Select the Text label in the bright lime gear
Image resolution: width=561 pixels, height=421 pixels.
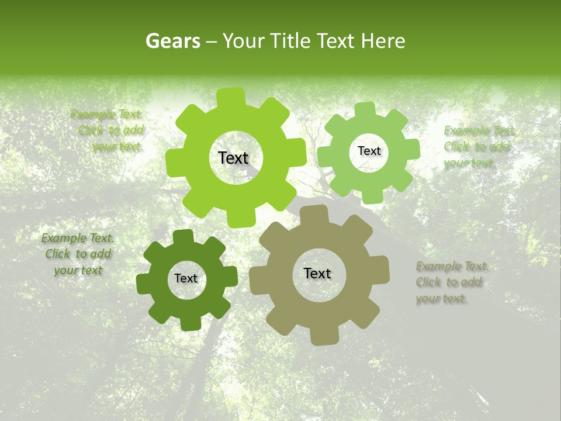[233, 158]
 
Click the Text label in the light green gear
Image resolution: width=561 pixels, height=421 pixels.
[369, 151]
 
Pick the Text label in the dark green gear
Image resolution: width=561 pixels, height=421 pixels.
[186, 279]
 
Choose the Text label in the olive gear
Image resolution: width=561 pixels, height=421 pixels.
[317, 274]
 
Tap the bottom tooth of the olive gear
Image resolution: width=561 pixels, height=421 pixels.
[320, 336]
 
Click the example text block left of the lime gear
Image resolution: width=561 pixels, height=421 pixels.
[108, 130]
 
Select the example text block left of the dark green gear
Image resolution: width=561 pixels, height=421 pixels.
[78, 254]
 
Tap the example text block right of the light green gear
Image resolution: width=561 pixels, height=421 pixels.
[478, 147]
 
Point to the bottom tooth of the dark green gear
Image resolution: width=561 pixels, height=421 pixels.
[189, 323]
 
